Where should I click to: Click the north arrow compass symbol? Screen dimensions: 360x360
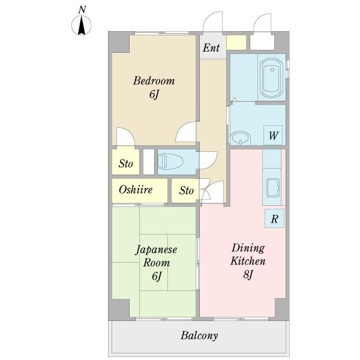click(82, 25)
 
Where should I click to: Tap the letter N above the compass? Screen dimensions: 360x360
click(82, 10)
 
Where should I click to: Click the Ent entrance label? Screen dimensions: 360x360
click(211, 48)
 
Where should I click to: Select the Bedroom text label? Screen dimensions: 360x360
click(154, 81)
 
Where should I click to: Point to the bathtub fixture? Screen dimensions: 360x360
click(272, 78)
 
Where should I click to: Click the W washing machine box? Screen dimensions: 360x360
click(273, 135)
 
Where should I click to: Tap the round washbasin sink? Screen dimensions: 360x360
click(241, 138)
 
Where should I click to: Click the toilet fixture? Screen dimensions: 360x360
click(171, 161)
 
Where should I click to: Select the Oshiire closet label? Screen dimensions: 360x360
click(136, 190)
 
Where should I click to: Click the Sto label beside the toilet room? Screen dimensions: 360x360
click(125, 164)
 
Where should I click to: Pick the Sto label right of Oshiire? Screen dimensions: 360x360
click(187, 190)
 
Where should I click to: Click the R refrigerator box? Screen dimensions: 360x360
click(274, 218)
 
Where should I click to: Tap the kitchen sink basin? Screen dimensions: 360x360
click(273, 188)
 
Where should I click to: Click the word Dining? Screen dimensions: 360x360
click(248, 248)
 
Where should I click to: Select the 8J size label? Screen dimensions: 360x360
click(248, 274)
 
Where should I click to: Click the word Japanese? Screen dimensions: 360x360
click(157, 250)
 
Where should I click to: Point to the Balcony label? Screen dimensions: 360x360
click(199, 335)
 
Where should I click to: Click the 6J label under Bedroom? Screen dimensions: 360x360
click(154, 94)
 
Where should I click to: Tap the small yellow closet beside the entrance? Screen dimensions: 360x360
click(236, 43)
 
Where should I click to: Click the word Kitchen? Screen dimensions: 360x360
click(248, 261)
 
